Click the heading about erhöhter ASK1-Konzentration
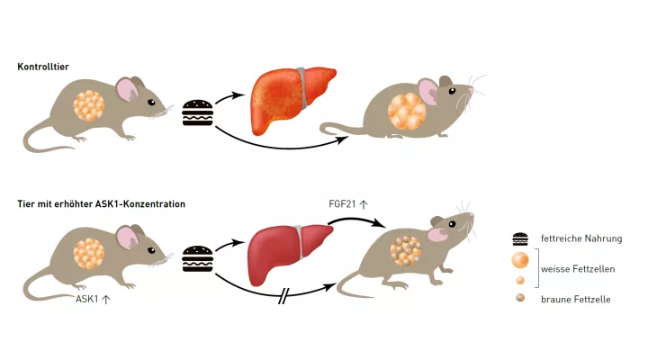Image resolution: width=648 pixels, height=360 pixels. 101,204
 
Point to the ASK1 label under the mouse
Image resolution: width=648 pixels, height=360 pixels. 93,299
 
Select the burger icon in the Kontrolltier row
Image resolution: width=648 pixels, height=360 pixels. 197,112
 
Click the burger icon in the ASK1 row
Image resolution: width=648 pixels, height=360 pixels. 197,258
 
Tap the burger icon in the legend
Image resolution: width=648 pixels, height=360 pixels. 520,239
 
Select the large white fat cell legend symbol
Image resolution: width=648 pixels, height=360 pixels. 520,261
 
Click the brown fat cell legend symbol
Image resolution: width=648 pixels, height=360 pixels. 520,298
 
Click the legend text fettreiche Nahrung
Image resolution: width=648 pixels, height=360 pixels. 575,239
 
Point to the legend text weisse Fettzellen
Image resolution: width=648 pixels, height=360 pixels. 575,269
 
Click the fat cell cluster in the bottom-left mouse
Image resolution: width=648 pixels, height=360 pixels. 90,255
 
